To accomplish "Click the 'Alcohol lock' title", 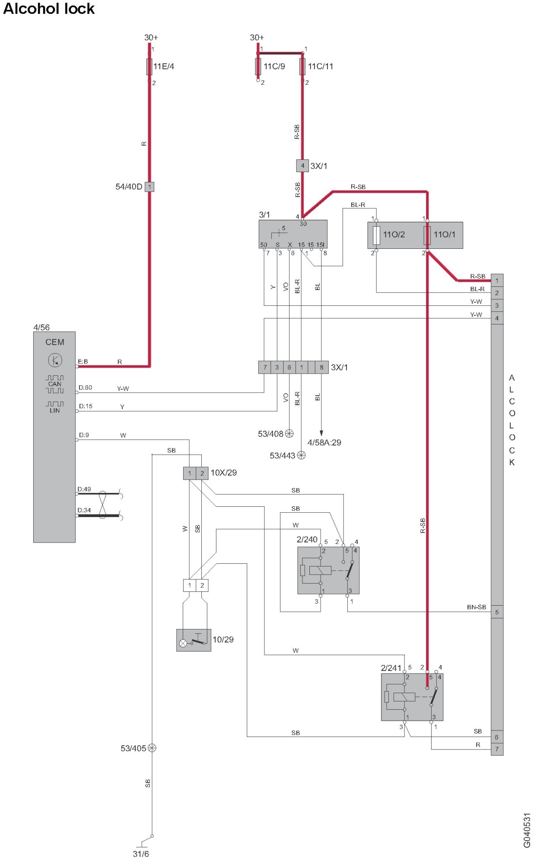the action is point(49,9).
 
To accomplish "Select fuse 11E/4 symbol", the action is point(149,66).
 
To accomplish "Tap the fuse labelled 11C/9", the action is point(258,66).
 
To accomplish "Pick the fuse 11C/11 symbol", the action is point(302,66).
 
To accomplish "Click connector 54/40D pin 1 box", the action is point(149,187).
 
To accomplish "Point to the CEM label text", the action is point(55,342).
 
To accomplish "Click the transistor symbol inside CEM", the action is point(55,360).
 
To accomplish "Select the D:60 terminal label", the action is point(86,388).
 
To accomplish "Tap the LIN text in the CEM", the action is point(55,410).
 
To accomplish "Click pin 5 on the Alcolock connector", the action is point(497,612).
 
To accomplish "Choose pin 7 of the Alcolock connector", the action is point(497,749).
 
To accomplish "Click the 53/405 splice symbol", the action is point(152,748).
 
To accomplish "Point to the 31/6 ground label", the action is point(141,854).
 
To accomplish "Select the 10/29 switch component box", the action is point(194,640).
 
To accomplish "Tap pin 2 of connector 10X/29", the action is point(202,473).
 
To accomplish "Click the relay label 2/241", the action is point(391,668).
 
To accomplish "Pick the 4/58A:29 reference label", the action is point(324,442).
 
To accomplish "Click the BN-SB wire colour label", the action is point(477,607).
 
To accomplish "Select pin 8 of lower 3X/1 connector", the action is point(321,367).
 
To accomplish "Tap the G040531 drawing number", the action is point(527,830).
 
